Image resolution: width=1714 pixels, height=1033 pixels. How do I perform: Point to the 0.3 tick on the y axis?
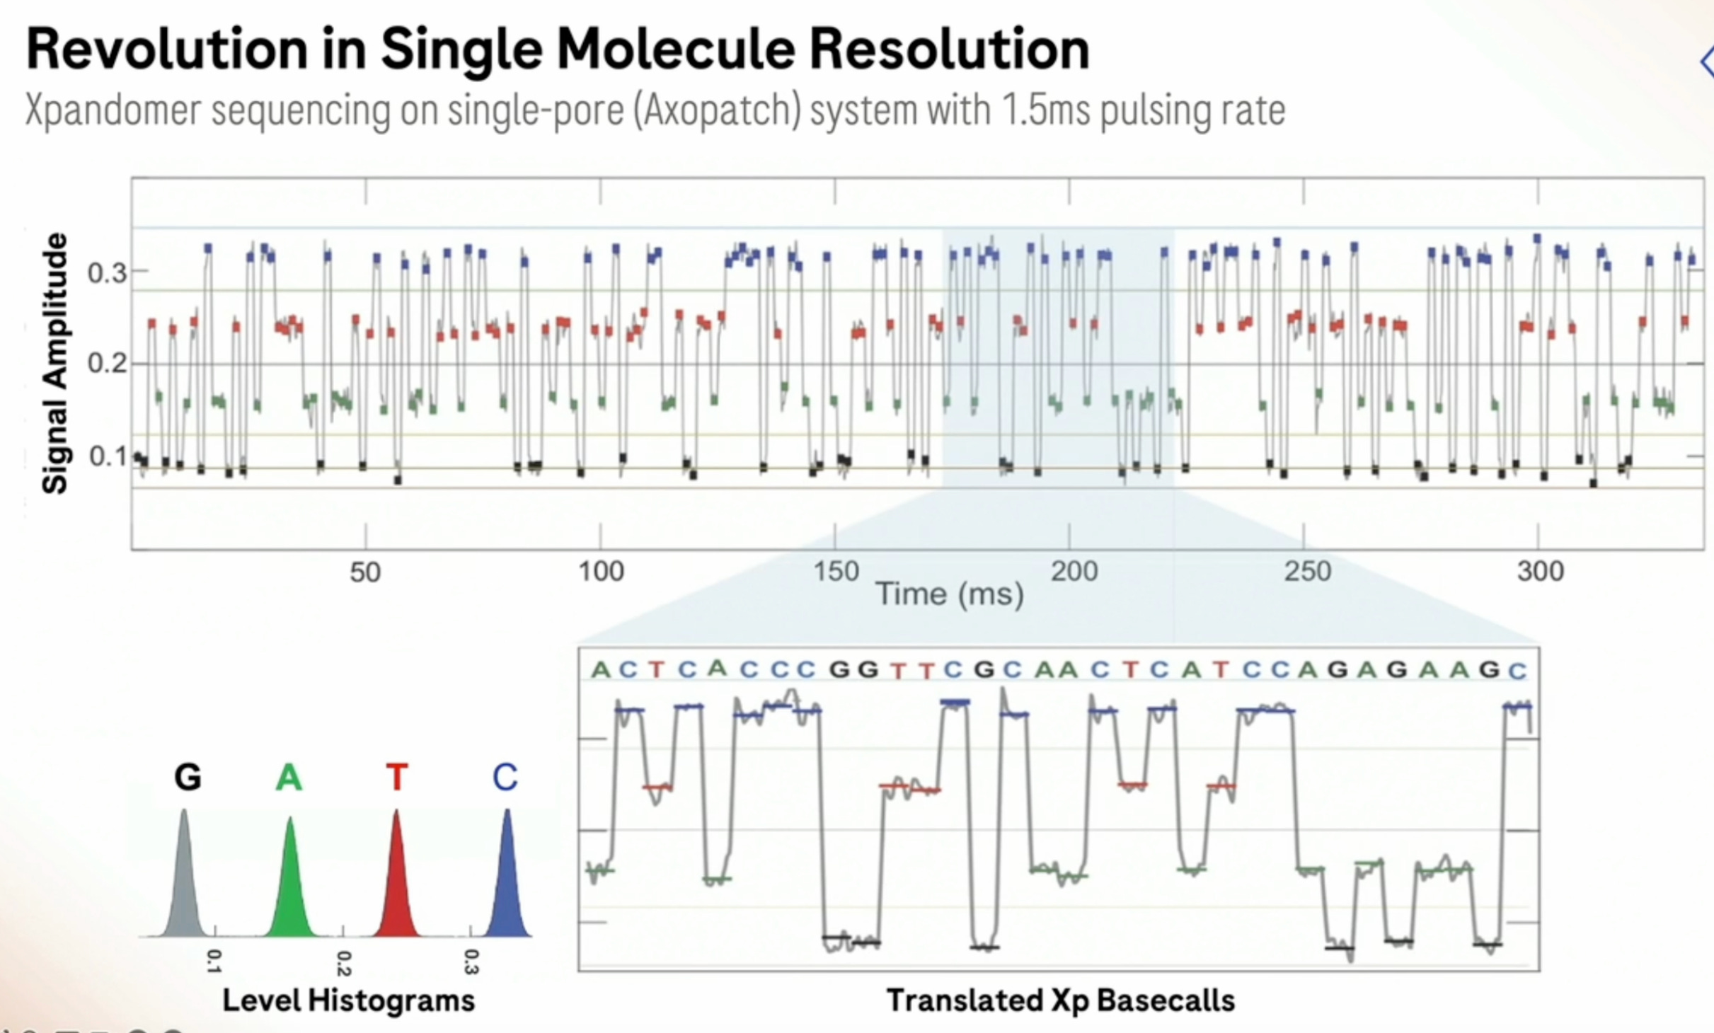pos(108,272)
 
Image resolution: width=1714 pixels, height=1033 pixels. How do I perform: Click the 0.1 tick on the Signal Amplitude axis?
pos(108,457)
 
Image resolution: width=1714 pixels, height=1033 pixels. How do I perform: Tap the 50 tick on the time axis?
pos(365,572)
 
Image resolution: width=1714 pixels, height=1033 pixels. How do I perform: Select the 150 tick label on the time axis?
pos(836,571)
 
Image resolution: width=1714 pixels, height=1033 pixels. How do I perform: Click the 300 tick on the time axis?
pos(1540,571)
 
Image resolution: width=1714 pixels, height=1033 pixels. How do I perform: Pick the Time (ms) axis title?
pos(950,594)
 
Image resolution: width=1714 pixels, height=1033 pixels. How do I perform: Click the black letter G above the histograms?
pos(188,778)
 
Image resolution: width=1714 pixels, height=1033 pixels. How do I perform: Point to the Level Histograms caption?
pos(348,1000)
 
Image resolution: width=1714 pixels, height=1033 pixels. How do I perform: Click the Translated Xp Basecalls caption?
pos(1060,1000)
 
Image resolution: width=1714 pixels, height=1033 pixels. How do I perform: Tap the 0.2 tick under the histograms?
pos(343,963)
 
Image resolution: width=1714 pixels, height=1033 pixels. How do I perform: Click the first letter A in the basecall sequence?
pos(600,669)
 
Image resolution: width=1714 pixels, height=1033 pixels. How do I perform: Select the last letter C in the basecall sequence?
pos(1517,671)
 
